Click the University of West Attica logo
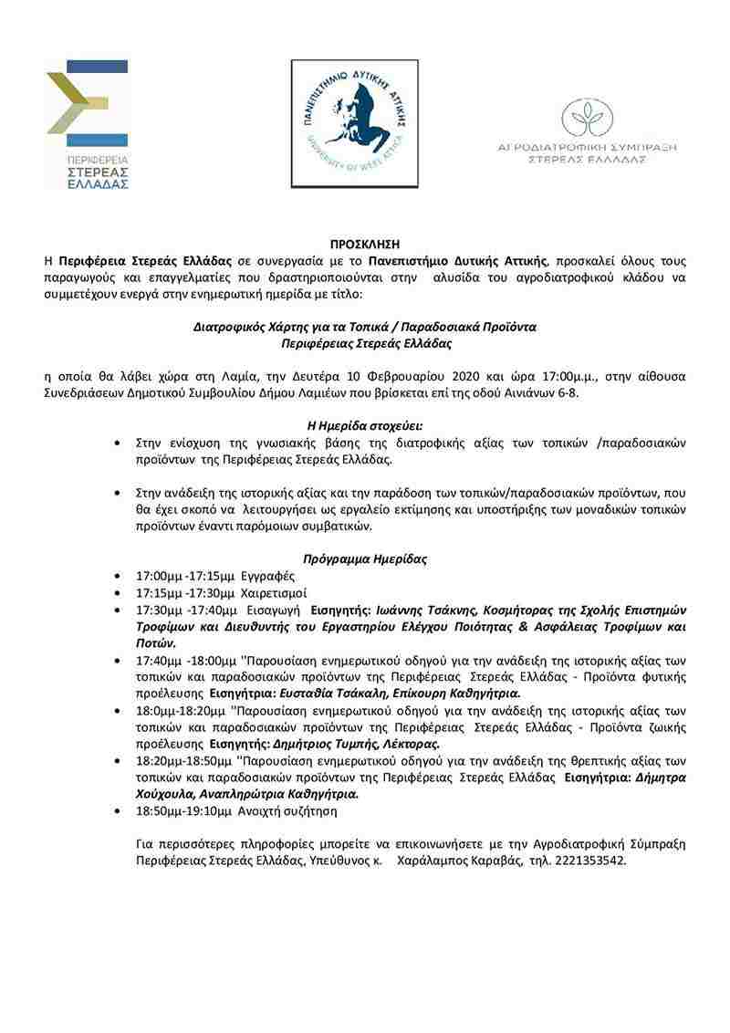[x=354, y=124]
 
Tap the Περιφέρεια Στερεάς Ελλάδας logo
[x=87, y=123]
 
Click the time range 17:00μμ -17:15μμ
[x=185, y=577]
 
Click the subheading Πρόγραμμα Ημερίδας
[x=364, y=558]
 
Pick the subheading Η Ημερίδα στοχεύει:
[x=364, y=424]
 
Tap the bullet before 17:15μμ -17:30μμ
[x=116, y=593]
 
